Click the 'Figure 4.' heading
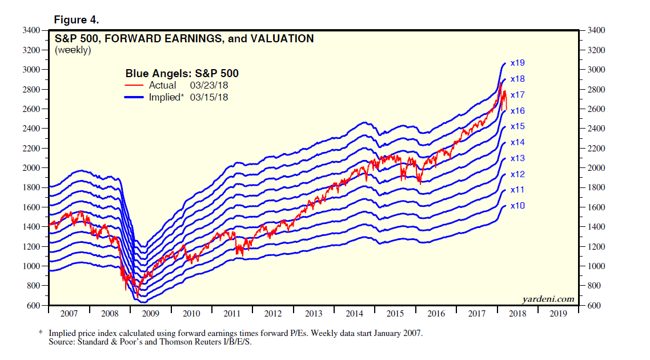(x=77, y=20)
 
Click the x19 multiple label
(x=517, y=62)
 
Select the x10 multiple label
(x=517, y=205)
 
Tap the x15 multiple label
(x=517, y=126)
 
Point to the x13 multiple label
(x=517, y=158)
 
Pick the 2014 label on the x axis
(x=354, y=314)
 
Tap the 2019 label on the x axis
(x=559, y=314)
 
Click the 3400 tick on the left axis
(x=33, y=30)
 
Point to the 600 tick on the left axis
(x=35, y=306)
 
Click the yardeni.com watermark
(x=548, y=299)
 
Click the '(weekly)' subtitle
(x=73, y=50)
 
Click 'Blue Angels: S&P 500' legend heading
(x=182, y=74)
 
